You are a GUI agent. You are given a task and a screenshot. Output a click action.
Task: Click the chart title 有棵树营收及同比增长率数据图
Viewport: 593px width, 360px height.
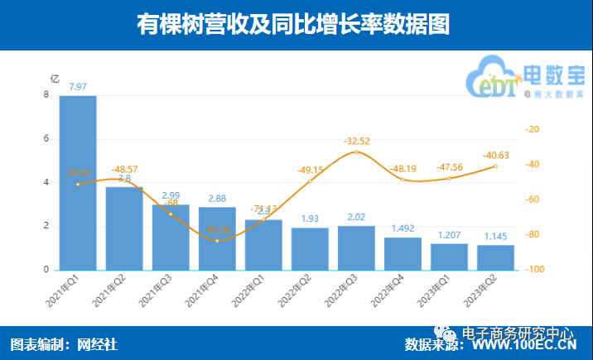point(296,26)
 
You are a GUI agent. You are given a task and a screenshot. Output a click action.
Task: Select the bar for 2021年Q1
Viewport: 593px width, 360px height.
point(78,182)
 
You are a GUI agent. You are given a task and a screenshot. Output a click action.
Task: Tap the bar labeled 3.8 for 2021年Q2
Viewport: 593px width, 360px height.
point(124,228)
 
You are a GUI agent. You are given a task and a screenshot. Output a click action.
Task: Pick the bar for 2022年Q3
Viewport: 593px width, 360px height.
point(356,247)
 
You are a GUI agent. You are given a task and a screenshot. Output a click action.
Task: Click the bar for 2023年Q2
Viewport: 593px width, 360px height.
point(495,257)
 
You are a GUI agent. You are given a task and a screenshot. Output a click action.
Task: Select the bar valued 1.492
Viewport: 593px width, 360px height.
point(403,253)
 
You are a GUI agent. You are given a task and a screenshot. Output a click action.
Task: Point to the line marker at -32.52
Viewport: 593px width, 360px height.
point(356,152)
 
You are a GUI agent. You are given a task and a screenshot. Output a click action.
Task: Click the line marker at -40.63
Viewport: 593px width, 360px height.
point(495,166)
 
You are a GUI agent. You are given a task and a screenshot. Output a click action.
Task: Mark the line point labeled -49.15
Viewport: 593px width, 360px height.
point(310,181)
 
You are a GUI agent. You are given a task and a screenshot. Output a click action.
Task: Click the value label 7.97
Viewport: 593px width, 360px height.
point(79,86)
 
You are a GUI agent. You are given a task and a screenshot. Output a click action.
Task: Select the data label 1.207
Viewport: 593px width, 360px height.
point(449,236)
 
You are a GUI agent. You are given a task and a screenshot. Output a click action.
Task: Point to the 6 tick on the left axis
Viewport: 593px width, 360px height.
point(46,139)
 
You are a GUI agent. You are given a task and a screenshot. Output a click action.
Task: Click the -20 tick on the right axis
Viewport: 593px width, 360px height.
point(533,129)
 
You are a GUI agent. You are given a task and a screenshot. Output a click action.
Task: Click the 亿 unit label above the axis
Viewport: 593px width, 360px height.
point(55,79)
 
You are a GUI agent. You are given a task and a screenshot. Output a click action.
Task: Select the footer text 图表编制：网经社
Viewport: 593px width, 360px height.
point(64,344)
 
